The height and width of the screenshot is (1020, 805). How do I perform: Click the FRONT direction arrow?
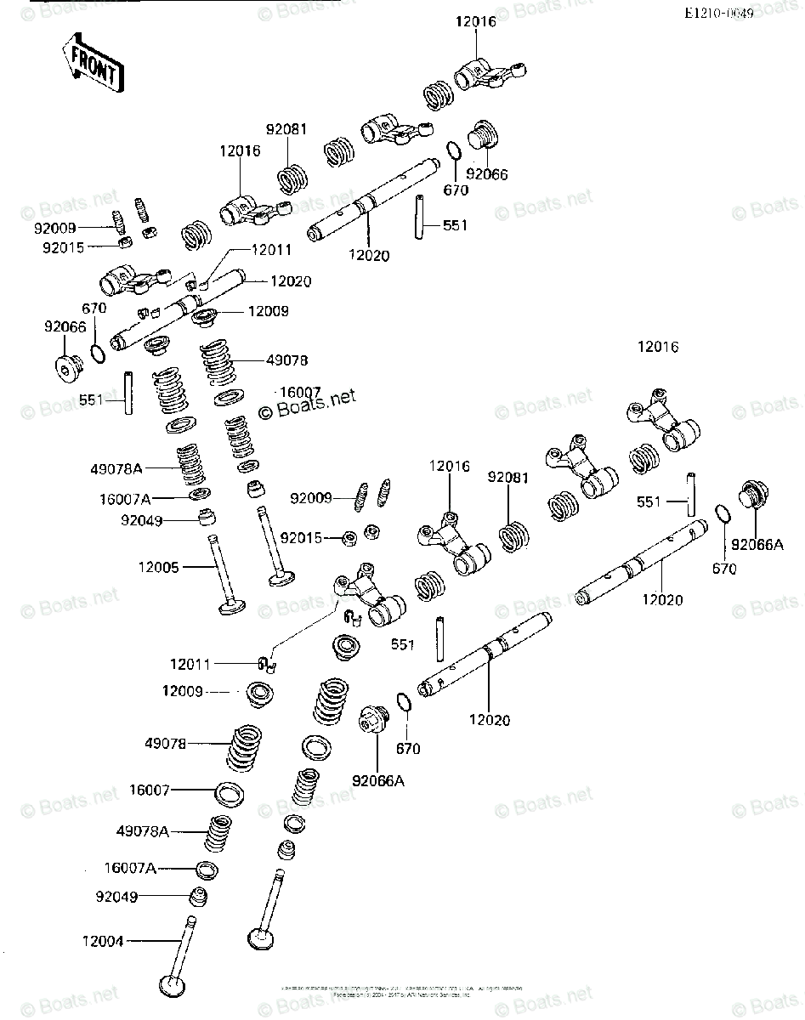click(x=92, y=65)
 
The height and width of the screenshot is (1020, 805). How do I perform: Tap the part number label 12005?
click(x=159, y=567)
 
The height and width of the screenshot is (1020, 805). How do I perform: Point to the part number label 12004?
click(x=103, y=941)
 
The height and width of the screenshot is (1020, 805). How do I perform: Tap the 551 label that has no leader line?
click(x=402, y=645)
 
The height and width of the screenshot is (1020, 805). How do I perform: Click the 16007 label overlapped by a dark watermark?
click(x=299, y=392)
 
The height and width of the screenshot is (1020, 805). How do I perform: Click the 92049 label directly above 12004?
click(x=116, y=896)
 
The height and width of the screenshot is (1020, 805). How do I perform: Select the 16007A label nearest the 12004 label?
click(x=130, y=868)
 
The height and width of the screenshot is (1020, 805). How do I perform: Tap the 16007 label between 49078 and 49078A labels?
click(x=150, y=790)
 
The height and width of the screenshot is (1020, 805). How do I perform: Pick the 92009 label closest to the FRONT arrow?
click(x=54, y=228)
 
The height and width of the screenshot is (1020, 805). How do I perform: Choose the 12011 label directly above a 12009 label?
click(x=190, y=663)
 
